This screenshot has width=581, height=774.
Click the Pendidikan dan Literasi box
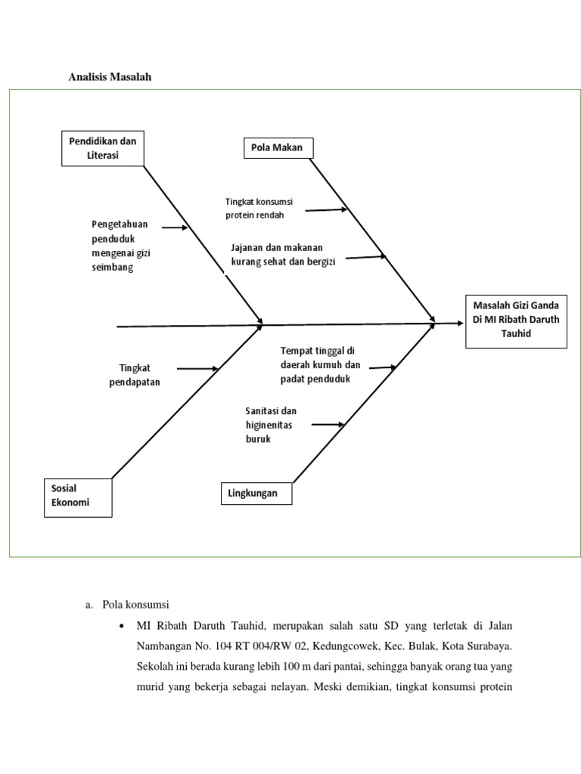coord(102,148)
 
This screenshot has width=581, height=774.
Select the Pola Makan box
coord(277,148)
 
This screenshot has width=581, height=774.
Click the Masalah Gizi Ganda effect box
coord(516,320)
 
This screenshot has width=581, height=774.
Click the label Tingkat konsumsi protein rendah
coord(259,208)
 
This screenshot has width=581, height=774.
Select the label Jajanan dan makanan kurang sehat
coord(283,254)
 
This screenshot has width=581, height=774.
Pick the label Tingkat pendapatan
coord(139,375)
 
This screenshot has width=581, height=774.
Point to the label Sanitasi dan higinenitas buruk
coord(271,424)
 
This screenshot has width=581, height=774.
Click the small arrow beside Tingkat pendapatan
coord(197,369)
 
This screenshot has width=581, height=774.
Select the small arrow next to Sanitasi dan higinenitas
coord(328,425)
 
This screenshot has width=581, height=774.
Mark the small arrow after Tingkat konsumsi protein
coord(326,210)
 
